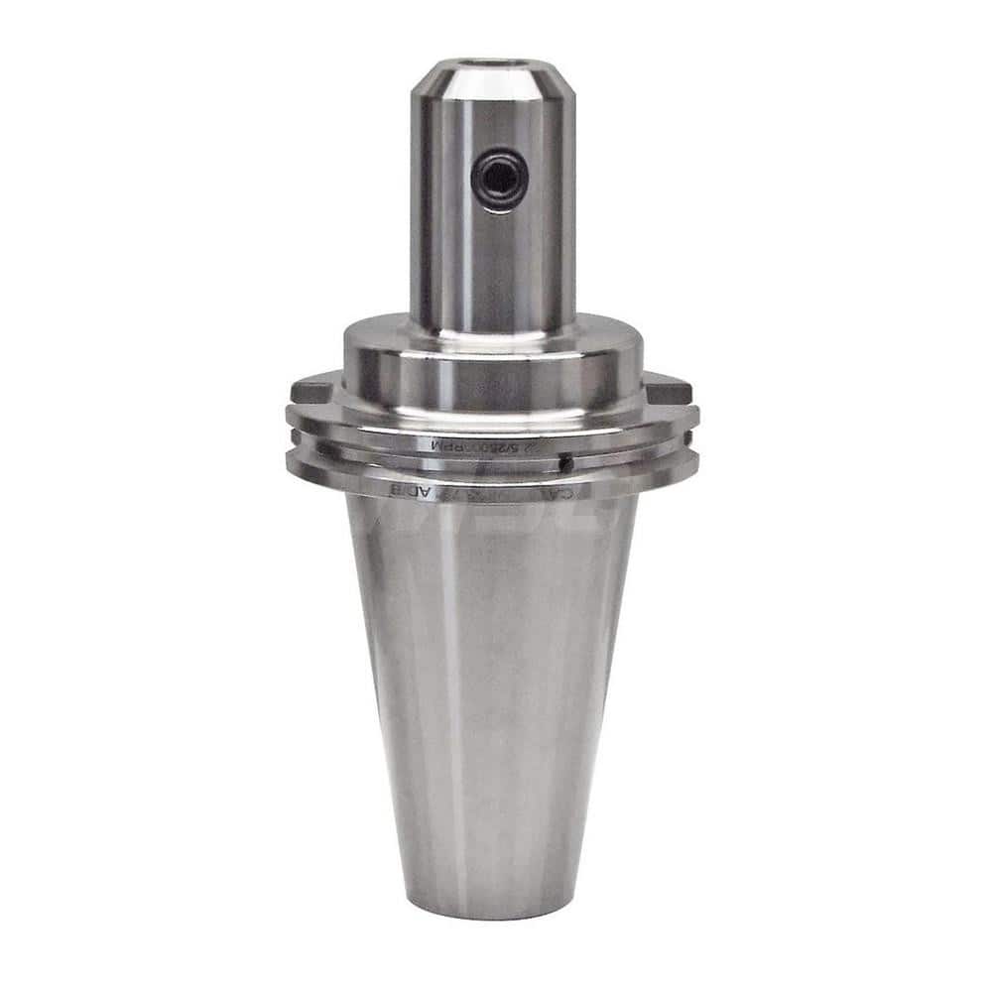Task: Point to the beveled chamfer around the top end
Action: tap(493, 85)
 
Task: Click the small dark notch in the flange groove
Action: tap(564, 462)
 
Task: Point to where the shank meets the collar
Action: tap(493, 327)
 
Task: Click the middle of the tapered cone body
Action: tap(493, 694)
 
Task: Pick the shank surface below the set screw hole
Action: tap(493, 268)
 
